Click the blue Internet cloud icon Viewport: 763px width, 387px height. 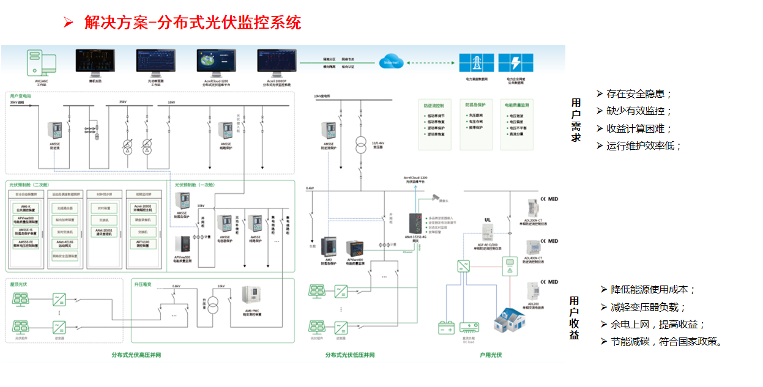tap(391, 62)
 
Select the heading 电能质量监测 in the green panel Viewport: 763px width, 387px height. tap(516, 105)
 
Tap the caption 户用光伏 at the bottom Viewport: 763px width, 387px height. tap(491, 355)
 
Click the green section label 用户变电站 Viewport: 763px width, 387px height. tap(21, 97)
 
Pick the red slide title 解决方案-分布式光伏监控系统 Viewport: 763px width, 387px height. tap(193, 23)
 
